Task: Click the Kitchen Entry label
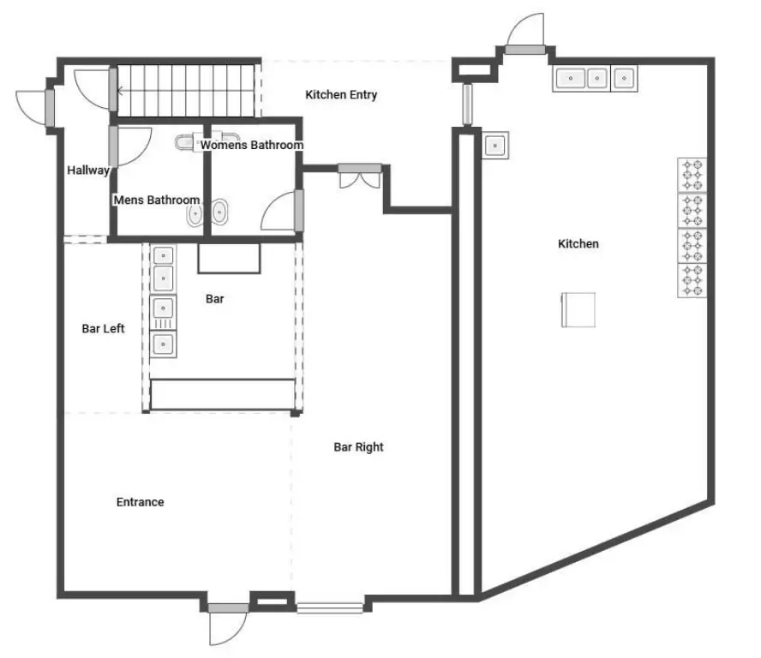coord(341,94)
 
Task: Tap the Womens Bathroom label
coord(251,145)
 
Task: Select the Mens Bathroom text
coord(156,200)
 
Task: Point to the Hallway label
coord(88,170)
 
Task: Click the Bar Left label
coord(103,328)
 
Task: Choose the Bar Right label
coord(358,447)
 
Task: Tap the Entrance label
coord(140,502)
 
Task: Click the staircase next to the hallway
coord(185,91)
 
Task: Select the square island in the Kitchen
coord(578,309)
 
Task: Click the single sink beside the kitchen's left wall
coord(495,145)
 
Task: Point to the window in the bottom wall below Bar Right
coord(330,607)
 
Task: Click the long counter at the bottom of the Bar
coord(223,394)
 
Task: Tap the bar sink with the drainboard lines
coord(163,313)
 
